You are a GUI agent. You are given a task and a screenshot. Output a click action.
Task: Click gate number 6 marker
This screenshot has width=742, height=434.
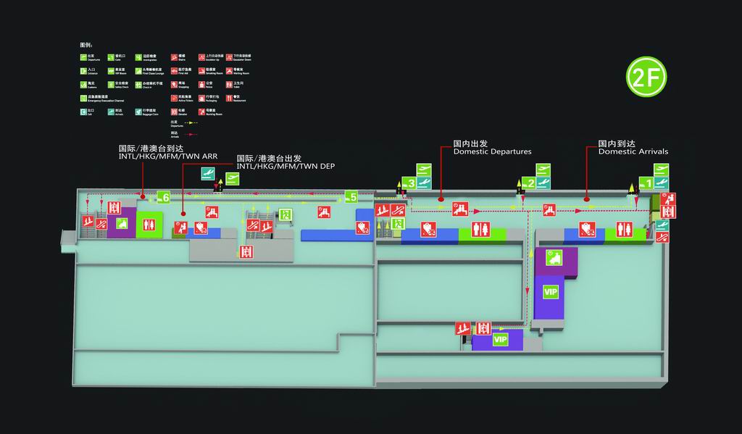click(x=166, y=197)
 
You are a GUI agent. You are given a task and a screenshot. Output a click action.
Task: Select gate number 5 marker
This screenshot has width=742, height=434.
click(x=352, y=196)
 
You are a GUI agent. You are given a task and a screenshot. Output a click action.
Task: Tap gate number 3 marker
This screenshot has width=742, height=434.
click(x=411, y=183)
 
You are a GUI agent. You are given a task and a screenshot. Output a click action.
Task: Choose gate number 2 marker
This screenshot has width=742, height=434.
click(x=531, y=183)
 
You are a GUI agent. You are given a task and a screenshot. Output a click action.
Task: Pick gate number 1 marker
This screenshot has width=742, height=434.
click(x=650, y=183)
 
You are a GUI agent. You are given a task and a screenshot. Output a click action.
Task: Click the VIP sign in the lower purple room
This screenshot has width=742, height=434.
click(x=501, y=339)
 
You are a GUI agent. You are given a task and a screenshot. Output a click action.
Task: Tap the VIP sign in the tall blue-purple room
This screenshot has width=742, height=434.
click(x=551, y=291)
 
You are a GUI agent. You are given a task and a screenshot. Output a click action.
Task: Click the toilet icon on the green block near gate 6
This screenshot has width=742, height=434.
click(x=149, y=224)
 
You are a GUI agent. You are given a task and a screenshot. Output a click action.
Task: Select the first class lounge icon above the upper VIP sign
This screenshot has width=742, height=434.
click(x=553, y=256)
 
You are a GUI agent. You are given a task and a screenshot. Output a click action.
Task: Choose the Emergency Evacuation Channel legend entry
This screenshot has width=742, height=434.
click(x=94, y=97)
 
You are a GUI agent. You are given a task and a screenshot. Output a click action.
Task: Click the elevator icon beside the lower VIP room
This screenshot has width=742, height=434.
click(x=484, y=328)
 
